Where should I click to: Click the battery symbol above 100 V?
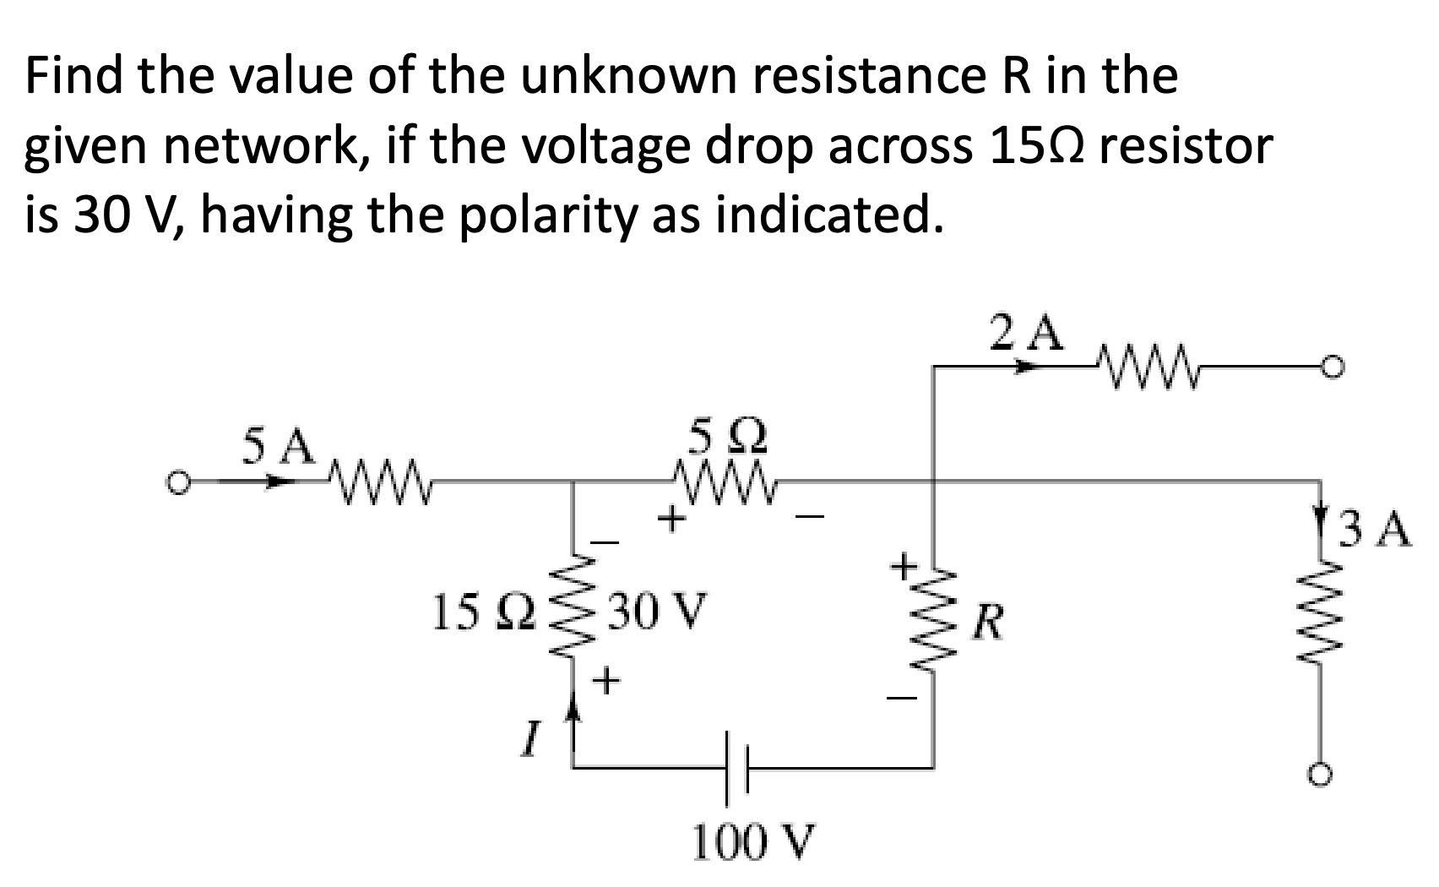tap(736, 767)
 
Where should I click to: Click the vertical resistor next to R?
tap(934, 625)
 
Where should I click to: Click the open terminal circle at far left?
tap(176, 483)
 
